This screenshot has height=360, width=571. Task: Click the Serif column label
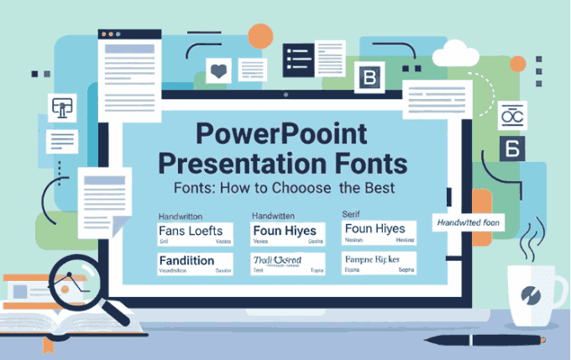click(x=352, y=215)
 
